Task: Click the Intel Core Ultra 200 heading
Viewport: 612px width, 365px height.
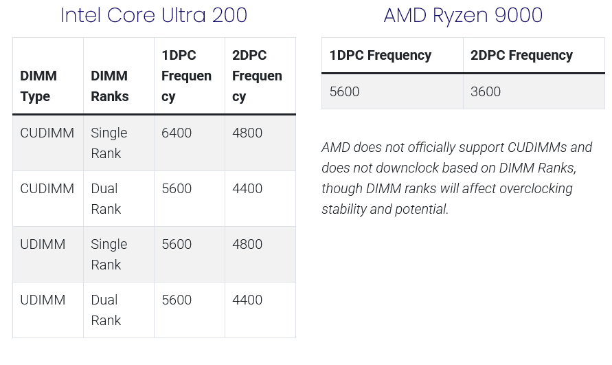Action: (x=154, y=15)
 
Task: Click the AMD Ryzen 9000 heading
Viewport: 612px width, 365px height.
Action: (x=463, y=15)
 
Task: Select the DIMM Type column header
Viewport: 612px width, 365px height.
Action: (x=38, y=86)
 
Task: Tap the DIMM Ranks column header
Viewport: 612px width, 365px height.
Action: (x=110, y=86)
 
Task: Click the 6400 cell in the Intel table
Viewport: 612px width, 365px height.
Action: (x=177, y=133)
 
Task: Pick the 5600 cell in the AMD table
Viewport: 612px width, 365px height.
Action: (x=344, y=91)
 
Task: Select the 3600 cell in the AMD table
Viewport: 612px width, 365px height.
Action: (x=486, y=91)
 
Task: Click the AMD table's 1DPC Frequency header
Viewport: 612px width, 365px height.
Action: (x=381, y=56)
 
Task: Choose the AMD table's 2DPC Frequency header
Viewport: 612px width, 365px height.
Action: (x=521, y=56)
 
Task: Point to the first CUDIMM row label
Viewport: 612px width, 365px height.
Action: (x=47, y=133)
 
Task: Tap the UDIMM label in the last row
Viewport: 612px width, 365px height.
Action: (x=43, y=300)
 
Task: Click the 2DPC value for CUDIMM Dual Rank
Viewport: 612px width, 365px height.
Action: (x=247, y=188)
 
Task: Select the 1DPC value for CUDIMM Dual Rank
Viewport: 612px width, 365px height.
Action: (x=177, y=188)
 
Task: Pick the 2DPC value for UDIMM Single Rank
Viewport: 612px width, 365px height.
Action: (x=247, y=244)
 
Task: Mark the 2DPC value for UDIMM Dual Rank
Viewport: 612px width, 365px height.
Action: (x=247, y=300)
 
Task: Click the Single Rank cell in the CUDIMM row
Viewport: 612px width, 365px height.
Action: (x=109, y=143)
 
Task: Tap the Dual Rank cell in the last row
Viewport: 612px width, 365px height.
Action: (x=106, y=310)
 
